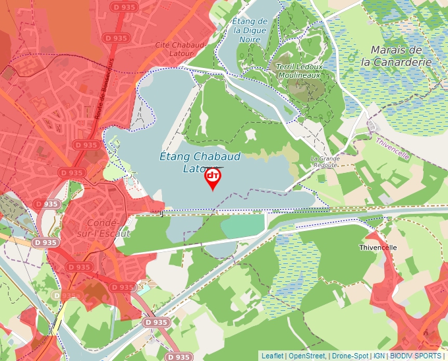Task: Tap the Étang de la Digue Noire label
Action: (x=250, y=30)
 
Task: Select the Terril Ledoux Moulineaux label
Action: (x=298, y=71)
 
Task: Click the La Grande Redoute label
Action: (x=325, y=162)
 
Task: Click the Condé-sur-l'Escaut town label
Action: (x=104, y=228)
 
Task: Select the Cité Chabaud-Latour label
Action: (x=179, y=49)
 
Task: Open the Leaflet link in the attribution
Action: (x=272, y=356)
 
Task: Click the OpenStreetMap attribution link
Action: (x=307, y=356)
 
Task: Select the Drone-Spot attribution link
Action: (x=350, y=356)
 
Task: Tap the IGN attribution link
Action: (x=379, y=356)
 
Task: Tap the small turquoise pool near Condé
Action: (x=144, y=290)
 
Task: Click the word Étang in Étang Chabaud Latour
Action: (x=176, y=156)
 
